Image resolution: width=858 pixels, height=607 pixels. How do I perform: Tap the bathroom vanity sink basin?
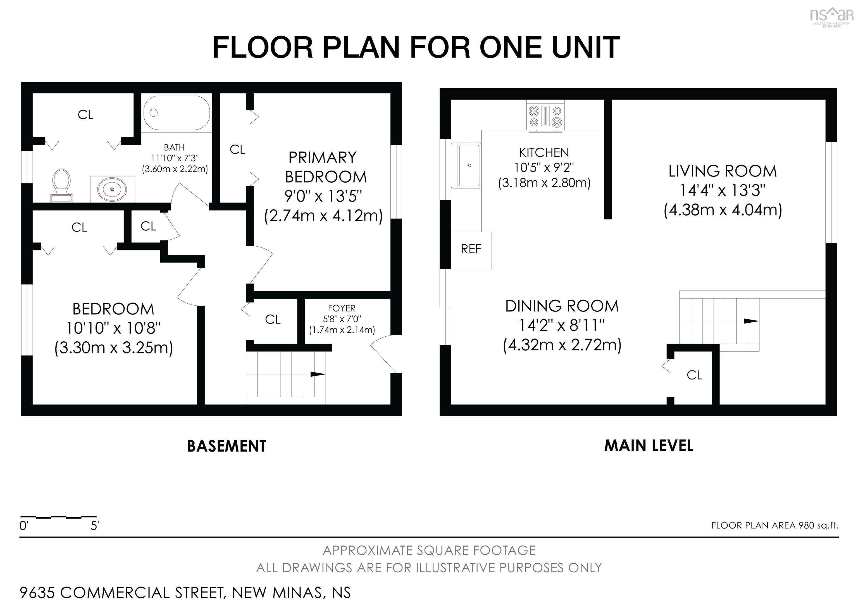tap(112, 189)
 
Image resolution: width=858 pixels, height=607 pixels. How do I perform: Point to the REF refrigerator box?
tap(471, 250)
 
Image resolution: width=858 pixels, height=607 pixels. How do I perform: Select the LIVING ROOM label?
tap(723, 171)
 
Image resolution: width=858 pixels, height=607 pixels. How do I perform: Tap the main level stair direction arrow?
tap(751, 321)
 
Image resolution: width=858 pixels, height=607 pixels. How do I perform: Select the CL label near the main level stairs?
tap(695, 375)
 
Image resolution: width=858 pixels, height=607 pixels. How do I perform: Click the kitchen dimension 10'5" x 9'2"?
tap(544, 167)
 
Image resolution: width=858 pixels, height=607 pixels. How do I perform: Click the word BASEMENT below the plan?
tap(227, 446)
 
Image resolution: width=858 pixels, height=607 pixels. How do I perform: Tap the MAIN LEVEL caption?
tap(649, 445)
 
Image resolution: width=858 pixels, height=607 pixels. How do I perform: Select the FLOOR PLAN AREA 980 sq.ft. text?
tap(775, 525)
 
